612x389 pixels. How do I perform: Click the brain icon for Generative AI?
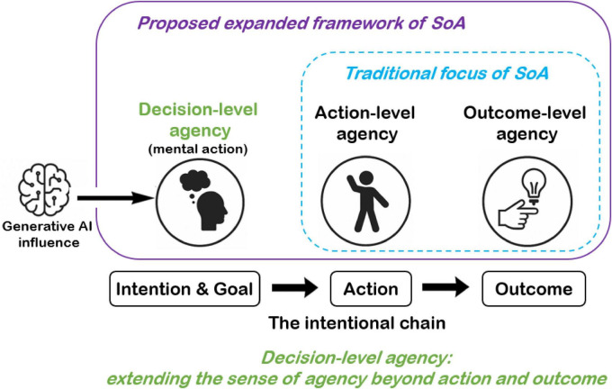coord(44,190)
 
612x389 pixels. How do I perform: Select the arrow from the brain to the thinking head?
coord(115,198)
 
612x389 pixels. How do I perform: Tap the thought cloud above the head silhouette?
coord(194,181)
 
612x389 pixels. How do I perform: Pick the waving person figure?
coord(367,202)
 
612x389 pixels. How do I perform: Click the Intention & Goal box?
coord(184,289)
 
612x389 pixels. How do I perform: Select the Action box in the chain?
coord(371,289)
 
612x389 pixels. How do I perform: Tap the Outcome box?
coord(534,289)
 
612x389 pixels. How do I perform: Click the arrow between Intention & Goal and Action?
coord(295,288)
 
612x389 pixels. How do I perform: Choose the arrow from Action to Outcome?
coord(445,288)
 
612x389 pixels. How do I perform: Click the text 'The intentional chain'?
coord(357,323)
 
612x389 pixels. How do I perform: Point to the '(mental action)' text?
coord(198,149)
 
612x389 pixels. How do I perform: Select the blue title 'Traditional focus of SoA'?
coord(447,74)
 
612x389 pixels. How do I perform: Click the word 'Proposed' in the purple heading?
coord(178,23)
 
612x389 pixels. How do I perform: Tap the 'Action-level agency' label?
coord(365,123)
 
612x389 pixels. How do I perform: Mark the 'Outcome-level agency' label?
coord(525,123)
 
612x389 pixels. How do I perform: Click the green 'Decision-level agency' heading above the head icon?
coord(198,120)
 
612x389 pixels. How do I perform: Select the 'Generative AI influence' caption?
coord(47,234)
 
